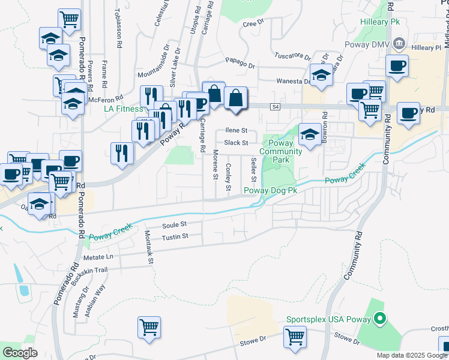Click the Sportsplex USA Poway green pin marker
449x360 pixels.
tap(379, 319)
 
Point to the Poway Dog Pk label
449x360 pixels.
tap(271, 191)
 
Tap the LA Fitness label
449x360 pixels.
tap(123, 109)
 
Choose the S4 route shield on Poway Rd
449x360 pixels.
tap(276, 107)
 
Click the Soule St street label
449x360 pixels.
tap(175, 224)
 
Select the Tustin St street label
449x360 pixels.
tap(175, 237)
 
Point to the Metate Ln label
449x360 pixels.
tap(98, 257)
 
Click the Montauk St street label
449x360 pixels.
tap(149, 247)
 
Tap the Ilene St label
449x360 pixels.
tap(237, 130)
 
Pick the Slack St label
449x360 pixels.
tap(236, 143)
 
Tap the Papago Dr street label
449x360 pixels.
tap(241, 61)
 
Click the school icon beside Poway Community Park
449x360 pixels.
tap(310, 134)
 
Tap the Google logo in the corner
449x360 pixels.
tap(20, 352)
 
